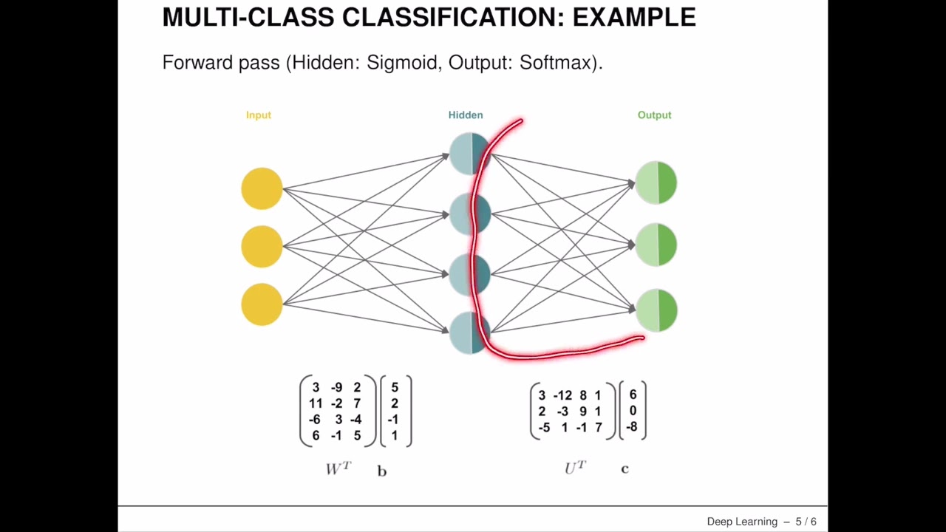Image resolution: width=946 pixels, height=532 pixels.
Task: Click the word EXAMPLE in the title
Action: (633, 17)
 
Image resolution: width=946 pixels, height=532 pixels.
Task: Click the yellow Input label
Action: (259, 115)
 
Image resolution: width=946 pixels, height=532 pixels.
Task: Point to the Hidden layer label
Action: (466, 115)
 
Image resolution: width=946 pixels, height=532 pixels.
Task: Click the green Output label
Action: (654, 115)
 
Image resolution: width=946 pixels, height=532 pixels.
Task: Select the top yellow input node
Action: (262, 188)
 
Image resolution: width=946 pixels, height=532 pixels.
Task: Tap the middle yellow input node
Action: (262, 246)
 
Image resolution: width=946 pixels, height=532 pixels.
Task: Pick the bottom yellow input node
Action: (262, 304)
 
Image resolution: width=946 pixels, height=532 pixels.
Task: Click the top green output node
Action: (656, 183)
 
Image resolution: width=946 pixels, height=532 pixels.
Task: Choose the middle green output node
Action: (656, 245)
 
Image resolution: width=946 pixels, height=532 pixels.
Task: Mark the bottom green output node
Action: (656, 310)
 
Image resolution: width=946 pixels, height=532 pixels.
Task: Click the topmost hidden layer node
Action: (469, 154)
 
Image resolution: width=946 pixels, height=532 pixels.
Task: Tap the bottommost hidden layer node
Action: (469, 332)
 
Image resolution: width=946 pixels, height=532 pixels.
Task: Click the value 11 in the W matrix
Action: (316, 403)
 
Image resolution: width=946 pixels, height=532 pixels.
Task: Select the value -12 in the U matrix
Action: (563, 396)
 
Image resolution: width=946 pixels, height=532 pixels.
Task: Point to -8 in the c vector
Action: (632, 427)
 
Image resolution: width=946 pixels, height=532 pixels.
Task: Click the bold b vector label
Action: (381, 471)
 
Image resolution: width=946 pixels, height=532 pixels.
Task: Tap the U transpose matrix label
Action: (575, 468)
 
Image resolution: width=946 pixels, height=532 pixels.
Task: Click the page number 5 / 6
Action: (806, 522)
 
